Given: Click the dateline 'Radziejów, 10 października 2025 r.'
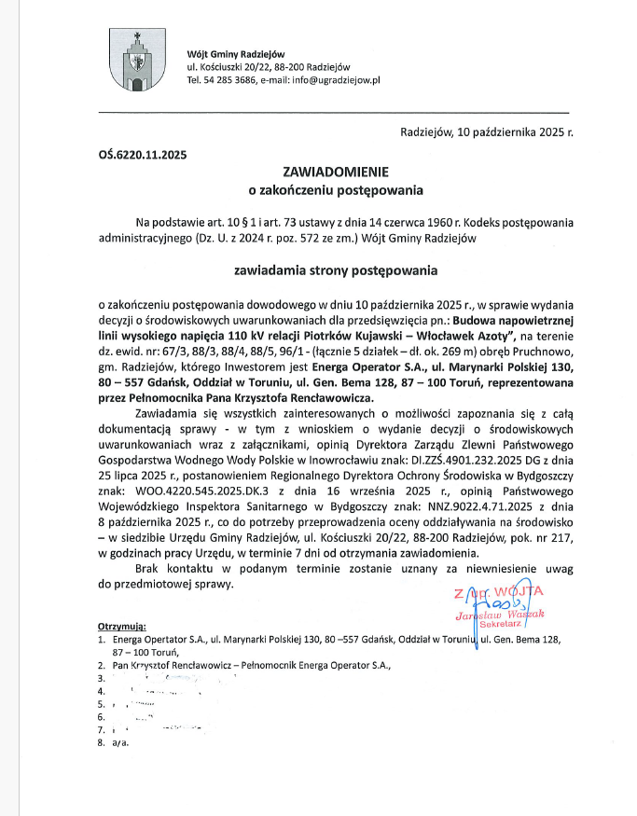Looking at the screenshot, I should pos(487,132).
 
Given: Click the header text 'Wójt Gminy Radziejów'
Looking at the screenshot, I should pos(236,53).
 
